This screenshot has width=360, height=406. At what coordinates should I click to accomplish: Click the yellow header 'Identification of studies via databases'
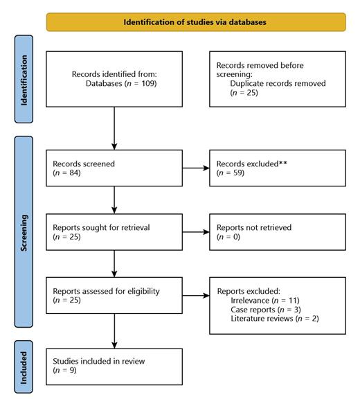click(x=196, y=21)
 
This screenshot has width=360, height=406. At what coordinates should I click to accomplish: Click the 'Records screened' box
click(x=114, y=168)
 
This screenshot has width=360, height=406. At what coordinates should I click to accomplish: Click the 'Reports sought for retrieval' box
click(x=114, y=231)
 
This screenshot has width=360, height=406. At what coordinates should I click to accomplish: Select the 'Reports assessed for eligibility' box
click(x=114, y=296)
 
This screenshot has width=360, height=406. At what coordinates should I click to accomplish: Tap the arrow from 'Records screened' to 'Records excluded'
click(x=196, y=168)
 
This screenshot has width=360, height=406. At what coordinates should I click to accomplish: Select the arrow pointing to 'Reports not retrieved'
click(x=196, y=231)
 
